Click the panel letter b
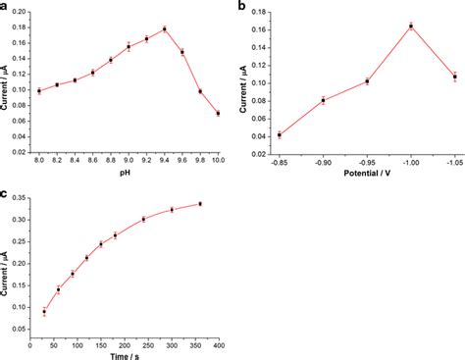coord(242,7)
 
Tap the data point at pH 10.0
coord(218,113)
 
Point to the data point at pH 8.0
coord(39,90)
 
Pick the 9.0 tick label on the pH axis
coord(129,159)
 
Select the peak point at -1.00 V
coord(411,26)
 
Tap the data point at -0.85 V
coord(280,134)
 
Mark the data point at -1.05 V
coord(454,77)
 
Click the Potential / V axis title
coord(366,173)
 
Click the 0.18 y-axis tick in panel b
coord(259,12)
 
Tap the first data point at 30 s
coord(44,312)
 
